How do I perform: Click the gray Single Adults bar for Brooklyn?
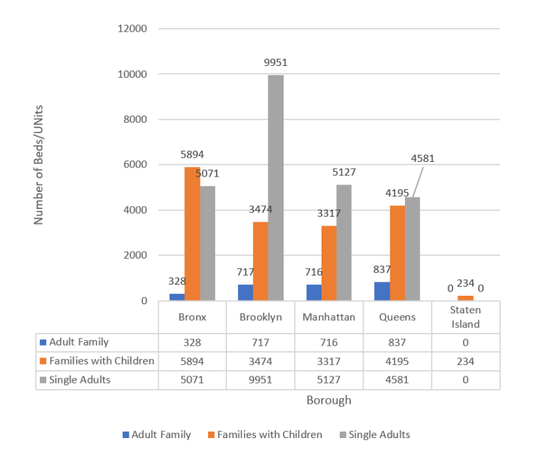275,188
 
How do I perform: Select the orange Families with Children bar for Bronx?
192,233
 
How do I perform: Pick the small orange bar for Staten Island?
465,298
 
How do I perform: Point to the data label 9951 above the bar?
275,62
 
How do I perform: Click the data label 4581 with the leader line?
422,158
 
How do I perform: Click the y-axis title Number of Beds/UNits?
39,165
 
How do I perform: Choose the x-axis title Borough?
329,401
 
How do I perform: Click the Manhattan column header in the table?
329,317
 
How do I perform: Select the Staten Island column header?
465,317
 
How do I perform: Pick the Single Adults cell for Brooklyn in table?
261,379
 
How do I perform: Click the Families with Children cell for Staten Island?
465,361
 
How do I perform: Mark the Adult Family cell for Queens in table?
396,343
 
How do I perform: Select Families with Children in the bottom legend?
264,435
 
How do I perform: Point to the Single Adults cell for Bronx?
192,379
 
